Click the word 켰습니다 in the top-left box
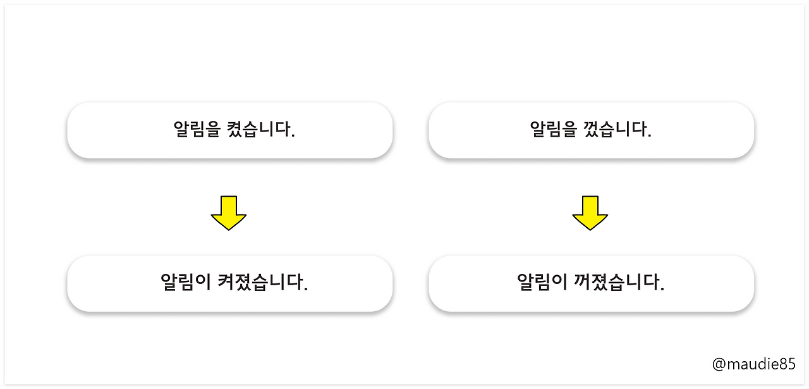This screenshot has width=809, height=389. click(x=260, y=130)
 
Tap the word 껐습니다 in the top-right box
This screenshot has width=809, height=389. click(x=617, y=130)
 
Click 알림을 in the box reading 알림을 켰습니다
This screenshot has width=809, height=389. click(x=197, y=130)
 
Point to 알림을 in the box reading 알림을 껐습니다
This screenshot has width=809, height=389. click(x=553, y=130)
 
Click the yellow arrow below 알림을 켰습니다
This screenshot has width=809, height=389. click(x=229, y=213)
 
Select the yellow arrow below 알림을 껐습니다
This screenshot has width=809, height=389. click(x=590, y=213)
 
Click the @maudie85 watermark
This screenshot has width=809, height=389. click(x=753, y=364)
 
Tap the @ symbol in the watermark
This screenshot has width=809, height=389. click(x=719, y=364)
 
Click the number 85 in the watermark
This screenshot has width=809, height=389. click(x=788, y=364)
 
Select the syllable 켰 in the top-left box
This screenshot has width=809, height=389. click(x=234, y=130)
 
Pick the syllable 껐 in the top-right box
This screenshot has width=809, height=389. click(x=590, y=130)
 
